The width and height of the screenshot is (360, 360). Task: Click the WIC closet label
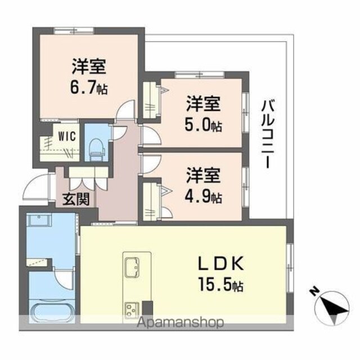[x=67, y=136]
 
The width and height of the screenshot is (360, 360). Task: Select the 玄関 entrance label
[x=76, y=199]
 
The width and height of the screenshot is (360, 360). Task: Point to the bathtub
[x=52, y=311]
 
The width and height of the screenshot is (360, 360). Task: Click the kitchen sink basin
[x=132, y=267]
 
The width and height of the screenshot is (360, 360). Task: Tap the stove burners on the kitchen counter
[x=132, y=310]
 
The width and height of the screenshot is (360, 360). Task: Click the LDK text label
[x=221, y=264]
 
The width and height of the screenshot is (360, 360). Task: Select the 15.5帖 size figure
[x=221, y=285]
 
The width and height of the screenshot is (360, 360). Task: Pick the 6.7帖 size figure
[x=89, y=87]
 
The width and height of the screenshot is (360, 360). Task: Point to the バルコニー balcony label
[x=268, y=134]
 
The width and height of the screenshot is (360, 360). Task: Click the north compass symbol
[x=332, y=308]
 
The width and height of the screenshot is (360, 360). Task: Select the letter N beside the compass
[x=313, y=291]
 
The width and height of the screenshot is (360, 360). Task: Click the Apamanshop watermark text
[x=180, y=322]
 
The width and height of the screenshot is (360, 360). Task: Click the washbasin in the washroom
[x=39, y=220]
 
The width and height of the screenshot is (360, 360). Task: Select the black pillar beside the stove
[x=147, y=308]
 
